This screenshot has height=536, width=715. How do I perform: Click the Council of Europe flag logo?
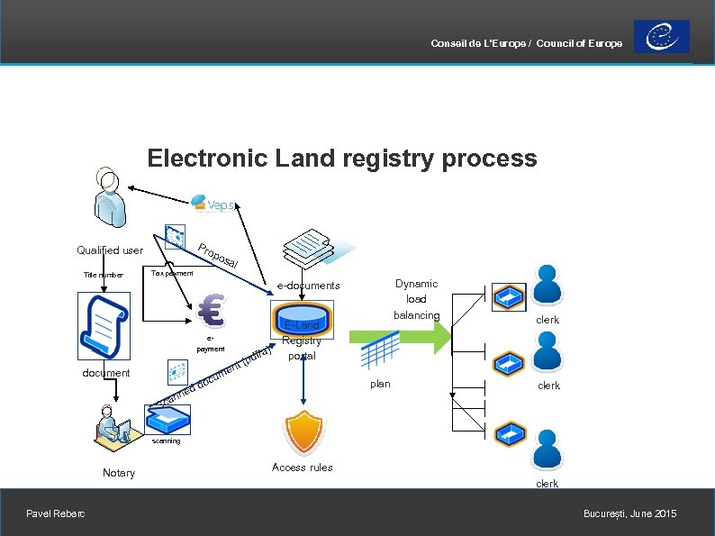[662, 36]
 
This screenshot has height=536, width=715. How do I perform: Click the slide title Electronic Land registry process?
[341, 159]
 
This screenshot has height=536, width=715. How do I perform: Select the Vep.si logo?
[213, 204]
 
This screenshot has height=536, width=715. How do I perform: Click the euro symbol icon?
[213, 312]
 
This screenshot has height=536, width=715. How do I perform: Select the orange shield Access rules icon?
[303, 432]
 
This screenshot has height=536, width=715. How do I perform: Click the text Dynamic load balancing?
[416, 299]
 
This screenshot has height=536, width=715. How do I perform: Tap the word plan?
[380, 384]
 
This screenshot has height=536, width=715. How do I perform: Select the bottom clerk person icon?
[547, 450]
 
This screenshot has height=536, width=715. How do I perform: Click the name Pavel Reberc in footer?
[56, 513]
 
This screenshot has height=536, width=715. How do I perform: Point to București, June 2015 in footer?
[629, 513]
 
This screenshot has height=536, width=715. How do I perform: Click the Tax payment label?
[172, 272]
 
